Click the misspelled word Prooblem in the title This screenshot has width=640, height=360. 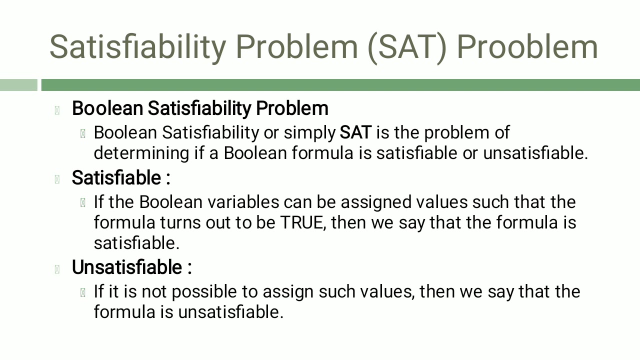tap(527, 46)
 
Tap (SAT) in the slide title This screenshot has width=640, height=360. tap(406, 46)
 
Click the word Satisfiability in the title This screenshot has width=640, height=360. tap(137, 46)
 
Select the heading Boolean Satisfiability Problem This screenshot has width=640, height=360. tap(200, 108)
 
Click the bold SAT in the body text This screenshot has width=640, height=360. tap(355, 132)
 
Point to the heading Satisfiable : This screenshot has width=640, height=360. tap(121, 177)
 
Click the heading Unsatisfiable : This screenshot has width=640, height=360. tap(131, 267)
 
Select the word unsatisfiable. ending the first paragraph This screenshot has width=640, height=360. tap(535, 153)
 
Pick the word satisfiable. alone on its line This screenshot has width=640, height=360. tap(136, 242)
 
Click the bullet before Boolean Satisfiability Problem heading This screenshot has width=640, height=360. tap(57, 110)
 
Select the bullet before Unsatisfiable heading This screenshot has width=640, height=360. tap(57, 269)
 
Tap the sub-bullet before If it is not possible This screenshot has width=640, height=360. tap(82, 292)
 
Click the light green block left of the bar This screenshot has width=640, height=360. tap(18, 85)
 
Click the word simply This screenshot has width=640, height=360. tap(309, 132)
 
